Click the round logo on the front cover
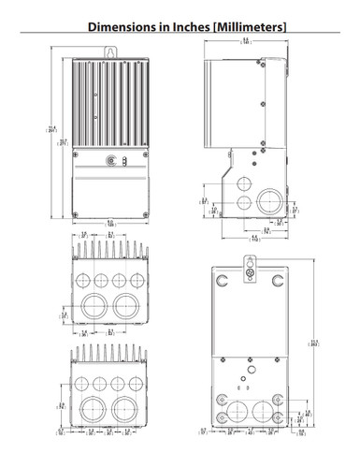click(113, 159)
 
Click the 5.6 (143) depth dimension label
click(246, 41)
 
